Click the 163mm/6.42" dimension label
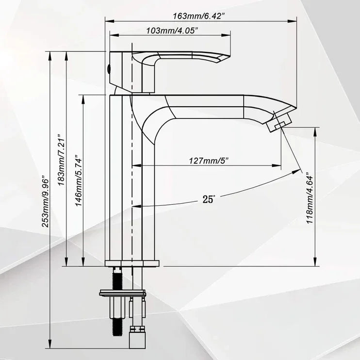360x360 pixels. point(200,16)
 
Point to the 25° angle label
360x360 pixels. point(209,198)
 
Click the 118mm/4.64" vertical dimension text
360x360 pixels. point(309,198)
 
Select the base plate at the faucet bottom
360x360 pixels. point(132,264)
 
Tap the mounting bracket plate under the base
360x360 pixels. point(123,293)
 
